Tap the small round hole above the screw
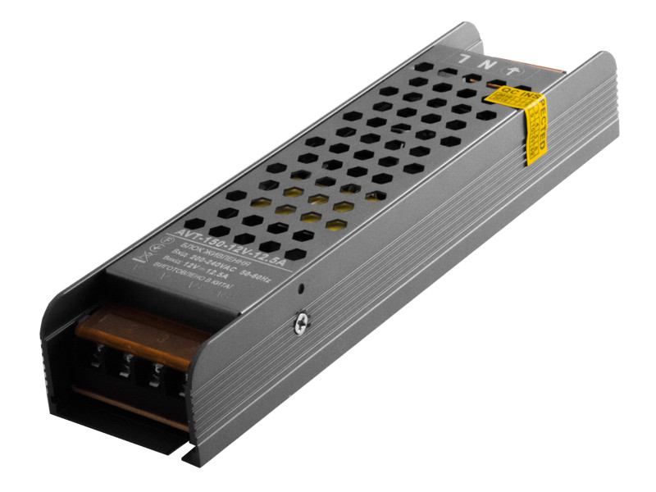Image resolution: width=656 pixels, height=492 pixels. [x=303, y=289]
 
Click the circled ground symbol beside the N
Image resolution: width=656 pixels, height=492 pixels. [x=514, y=71]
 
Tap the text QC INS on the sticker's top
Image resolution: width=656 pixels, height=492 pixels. [x=509, y=93]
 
